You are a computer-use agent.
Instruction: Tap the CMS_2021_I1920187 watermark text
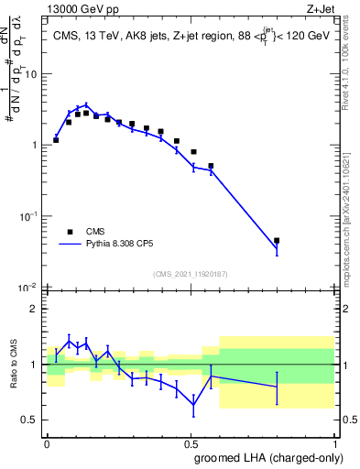click(191, 274)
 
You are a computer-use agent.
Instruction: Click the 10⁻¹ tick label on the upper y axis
click(30, 216)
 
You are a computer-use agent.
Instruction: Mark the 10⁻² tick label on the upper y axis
click(30, 288)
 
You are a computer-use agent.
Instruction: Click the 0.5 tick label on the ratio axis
click(32, 420)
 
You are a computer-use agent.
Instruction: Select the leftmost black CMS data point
click(56, 140)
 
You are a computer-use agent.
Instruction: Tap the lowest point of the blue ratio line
click(193, 405)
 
